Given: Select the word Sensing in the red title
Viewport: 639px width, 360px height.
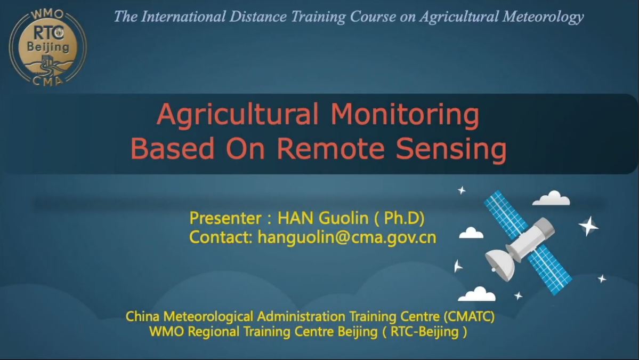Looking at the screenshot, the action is coord(451,150).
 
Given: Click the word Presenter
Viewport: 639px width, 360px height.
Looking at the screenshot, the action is coord(225,218).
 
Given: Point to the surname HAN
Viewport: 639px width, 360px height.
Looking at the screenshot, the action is coord(296,218).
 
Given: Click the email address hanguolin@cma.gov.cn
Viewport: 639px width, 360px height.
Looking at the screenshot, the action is coord(347,237).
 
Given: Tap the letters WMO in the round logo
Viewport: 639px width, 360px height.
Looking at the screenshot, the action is coord(47,14).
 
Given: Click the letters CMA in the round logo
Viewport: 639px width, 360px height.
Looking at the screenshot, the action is coord(47,81).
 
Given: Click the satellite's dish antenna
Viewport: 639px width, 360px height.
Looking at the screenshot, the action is coord(500,265).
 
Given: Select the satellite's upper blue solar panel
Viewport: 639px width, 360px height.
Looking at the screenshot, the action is coord(506,214).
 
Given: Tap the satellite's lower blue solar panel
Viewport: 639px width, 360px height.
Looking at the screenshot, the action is coord(550,269).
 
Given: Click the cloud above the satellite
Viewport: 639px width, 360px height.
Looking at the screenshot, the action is coord(552,198).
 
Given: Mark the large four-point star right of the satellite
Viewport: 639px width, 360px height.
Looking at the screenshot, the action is coord(588,226).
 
